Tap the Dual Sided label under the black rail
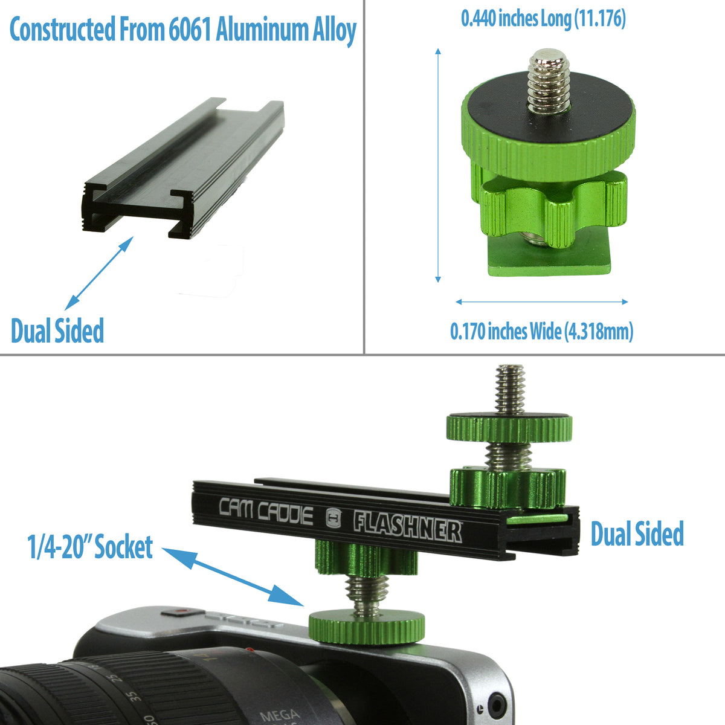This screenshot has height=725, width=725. (x=57, y=330)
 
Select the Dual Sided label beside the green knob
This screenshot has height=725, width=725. (x=637, y=534)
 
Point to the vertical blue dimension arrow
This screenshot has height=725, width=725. (x=438, y=166)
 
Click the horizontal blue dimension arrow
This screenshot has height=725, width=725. (x=541, y=301)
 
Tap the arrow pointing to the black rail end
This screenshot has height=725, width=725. (x=99, y=273)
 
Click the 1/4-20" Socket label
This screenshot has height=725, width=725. (x=91, y=547)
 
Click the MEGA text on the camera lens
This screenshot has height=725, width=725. (x=279, y=715)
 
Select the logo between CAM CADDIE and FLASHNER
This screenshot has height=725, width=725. (x=333, y=518)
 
